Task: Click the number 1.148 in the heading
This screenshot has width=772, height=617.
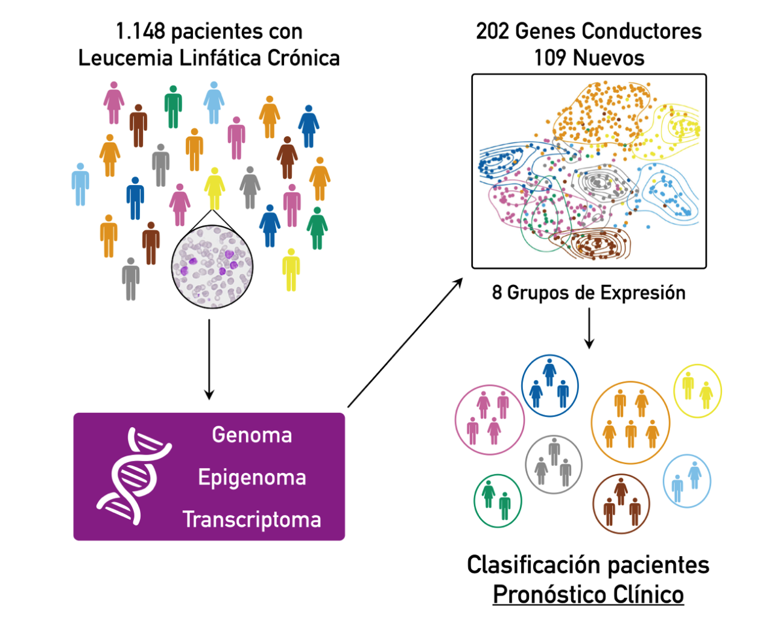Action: coord(140,31)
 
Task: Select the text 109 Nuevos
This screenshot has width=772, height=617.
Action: coord(589,58)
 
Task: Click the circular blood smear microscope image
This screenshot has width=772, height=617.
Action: coord(212,266)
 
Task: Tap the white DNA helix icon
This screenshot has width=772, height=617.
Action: coord(134,476)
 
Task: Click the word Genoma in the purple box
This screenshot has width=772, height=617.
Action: coord(252,435)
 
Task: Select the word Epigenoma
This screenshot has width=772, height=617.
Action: coord(252,478)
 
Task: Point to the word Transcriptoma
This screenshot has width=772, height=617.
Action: coord(252,519)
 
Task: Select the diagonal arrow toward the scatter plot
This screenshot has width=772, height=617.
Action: coord(405,343)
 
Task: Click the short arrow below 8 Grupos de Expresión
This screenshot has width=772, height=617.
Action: coord(589,329)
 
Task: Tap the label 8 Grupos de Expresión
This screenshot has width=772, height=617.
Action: coord(589,293)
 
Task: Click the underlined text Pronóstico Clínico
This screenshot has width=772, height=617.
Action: coord(588,595)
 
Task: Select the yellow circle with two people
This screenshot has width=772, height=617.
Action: coord(697,390)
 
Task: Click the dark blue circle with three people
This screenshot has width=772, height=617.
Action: coord(549,386)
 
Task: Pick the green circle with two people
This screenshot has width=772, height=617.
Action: coord(498,501)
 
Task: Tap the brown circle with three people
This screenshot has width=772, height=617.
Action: coord(621,504)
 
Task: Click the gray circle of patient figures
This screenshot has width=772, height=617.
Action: coord(554,465)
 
